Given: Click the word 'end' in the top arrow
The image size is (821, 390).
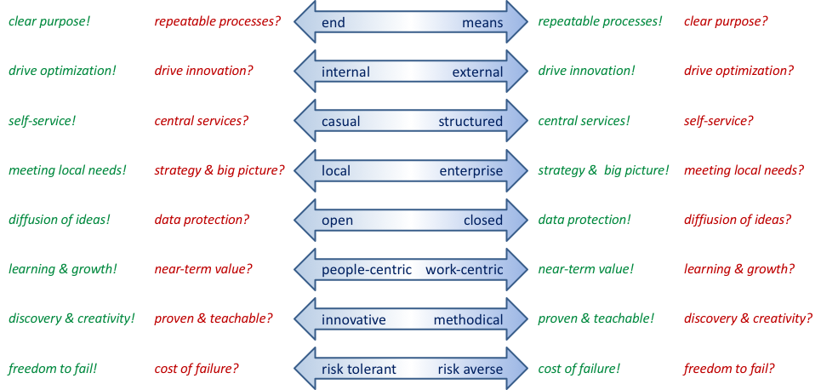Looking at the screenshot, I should click(x=334, y=23).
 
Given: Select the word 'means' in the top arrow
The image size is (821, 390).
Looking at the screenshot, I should click(x=482, y=23).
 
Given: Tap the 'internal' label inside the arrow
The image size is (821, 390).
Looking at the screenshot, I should click(x=345, y=72).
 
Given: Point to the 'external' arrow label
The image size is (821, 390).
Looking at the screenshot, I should click(x=477, y=72).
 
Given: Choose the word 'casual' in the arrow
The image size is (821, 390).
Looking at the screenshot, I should click(x=340, y=122).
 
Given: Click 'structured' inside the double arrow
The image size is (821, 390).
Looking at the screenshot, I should click(x=470, y=122).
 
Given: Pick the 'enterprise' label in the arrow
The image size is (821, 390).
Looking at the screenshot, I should click(x=471, y=171).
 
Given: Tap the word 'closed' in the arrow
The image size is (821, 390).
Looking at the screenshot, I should click(x=483, y=221).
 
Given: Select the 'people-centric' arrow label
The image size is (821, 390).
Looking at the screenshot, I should click(x=367, y=271).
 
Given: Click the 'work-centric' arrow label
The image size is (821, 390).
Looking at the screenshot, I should click(x=464, y=271).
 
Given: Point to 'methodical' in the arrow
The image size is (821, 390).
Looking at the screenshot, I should click(x=468, y=320).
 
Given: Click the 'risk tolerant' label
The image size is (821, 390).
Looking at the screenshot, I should click(x=359, y=370).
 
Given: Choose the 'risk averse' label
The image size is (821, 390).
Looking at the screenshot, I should click(x=470, y=370).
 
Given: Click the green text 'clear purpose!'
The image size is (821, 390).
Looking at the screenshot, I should click(x=48, y=20).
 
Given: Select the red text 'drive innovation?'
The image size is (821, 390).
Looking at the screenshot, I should click(x=203, y=71).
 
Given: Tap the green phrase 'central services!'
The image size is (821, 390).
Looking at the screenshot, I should click(x=584, y=121).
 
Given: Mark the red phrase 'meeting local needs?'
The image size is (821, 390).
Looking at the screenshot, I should click(x=744, y=170).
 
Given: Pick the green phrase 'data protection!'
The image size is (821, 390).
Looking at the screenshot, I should click(x=584, y=220).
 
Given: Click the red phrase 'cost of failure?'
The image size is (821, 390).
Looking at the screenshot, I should click(x=197, y=369).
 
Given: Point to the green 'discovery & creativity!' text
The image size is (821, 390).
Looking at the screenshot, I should click(x=71, y=319).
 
